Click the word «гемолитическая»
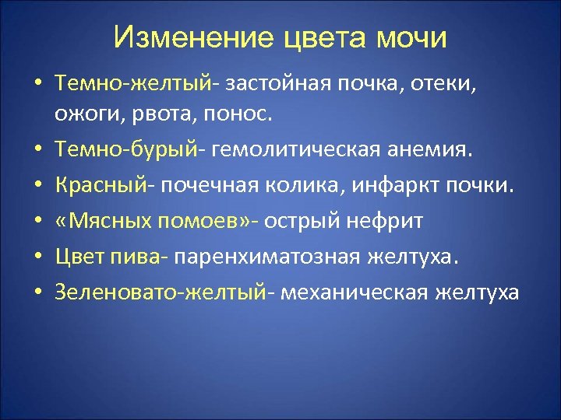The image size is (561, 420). pos(293,150)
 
